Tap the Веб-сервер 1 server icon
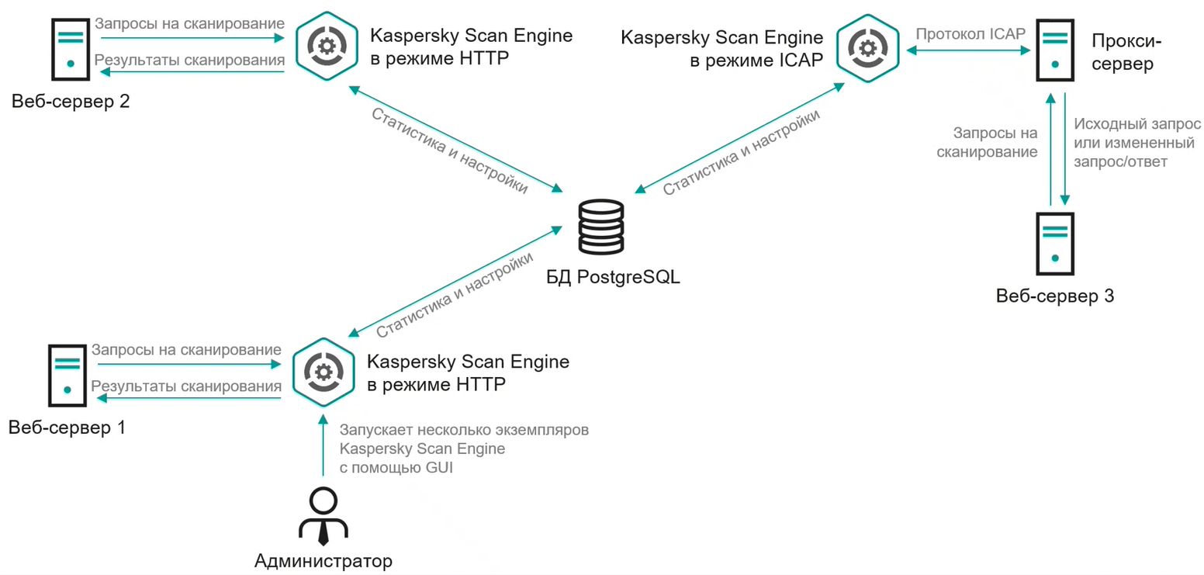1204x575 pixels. point(67,374)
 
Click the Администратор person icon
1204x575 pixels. point(323,516)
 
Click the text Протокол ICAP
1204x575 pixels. point(970,34)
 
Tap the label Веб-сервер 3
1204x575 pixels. point(1055,296)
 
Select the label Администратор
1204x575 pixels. point(323,560)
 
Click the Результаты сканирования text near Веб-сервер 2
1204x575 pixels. point(190,60)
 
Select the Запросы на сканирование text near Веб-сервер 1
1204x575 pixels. point(186,350)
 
